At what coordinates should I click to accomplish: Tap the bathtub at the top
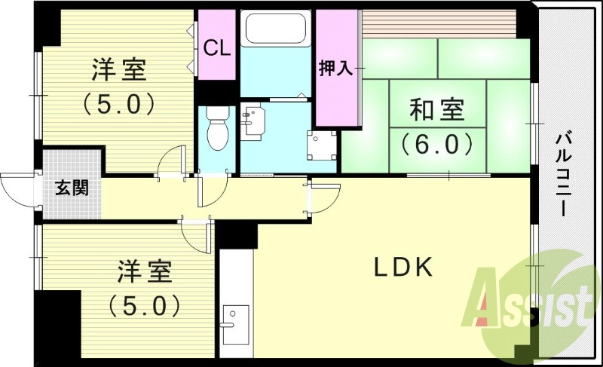coord(275,29)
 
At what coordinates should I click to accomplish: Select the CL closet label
coord(217,48)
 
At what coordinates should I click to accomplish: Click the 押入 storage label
coord(335,69)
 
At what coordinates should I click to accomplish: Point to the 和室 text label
coord(437,109)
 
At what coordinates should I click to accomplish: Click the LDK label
coord(404,267)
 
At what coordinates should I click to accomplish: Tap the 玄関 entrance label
coord(72,188)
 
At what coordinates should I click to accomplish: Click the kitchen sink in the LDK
coord(236,325)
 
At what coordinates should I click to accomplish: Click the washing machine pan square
coord(322,145)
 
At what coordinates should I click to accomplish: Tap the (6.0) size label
coord(436,143)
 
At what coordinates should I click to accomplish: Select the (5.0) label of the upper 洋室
coord(119,105)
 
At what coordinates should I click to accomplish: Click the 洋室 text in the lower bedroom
coord(145,272)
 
